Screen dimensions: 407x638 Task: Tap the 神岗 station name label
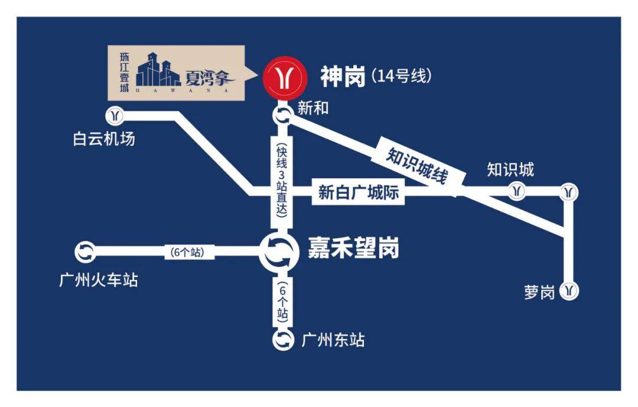pos(342,77)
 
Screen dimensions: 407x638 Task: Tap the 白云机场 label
pos(105,139)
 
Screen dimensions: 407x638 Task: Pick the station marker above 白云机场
pos(116,115)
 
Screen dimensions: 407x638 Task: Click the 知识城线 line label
pos(417,164)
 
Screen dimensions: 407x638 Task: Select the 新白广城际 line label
pos(359,193)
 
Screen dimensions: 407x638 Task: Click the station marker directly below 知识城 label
pos(517,191)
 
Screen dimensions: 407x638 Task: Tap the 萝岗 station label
pos(539,292)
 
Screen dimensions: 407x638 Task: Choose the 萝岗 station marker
pos(568,291)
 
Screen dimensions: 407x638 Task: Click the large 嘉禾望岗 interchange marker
pos(278,252)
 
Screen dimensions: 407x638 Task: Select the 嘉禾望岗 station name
pos(353,249)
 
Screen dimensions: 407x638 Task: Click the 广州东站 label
pos(333,340)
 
